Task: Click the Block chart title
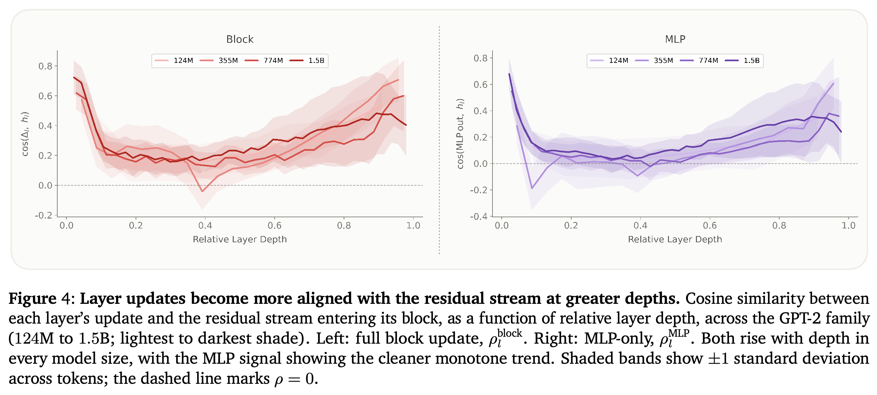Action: (240, 39)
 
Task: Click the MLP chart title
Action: (675, 39)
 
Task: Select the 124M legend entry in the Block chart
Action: (174, 61)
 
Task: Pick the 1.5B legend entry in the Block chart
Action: (307, 61)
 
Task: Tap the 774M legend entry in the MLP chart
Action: (699, 61)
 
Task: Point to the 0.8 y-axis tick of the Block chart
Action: (45, 66)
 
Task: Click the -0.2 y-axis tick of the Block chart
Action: (43, 215)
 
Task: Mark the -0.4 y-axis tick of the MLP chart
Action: (479, 216)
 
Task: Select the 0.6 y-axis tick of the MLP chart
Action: (480, 85)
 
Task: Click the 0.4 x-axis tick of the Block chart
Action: (205, 225)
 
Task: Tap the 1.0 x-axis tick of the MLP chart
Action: (848, 225)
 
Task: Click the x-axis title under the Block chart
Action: (240, 239)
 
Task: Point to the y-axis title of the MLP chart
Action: (460, 134)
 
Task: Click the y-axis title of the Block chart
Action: (25, 134)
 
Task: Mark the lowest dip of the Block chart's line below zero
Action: (202, 191)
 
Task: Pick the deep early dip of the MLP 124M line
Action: (532, 188)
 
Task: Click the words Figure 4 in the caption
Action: (41, 298)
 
